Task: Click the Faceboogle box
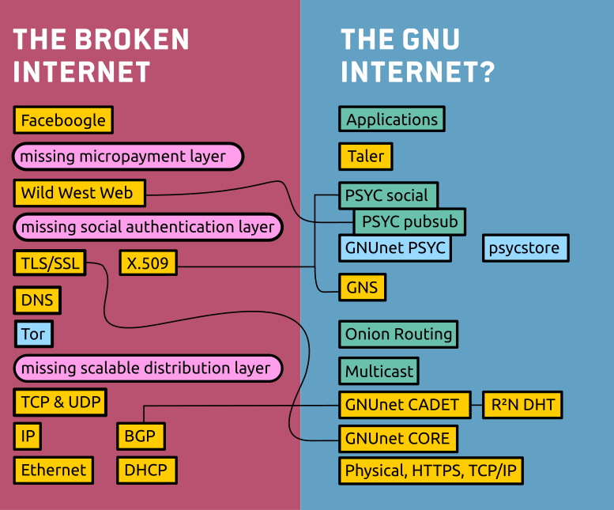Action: (63, 120)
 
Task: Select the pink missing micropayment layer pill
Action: (128, 157)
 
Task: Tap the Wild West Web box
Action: (79, 193)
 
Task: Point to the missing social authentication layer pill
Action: (148, 228)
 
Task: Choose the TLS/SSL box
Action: (50, 263)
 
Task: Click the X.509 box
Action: (148, 263)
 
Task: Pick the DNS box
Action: (37, 300)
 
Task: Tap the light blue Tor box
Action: (33, 334)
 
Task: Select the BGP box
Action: (141, 435)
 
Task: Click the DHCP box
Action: (146, 470)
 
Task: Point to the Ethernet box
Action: (54, 470)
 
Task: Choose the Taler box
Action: (366, 156)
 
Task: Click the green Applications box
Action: (392, 119)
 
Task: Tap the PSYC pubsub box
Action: (409, 221)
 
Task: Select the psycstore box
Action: (525, 248)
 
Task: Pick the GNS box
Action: (362, 287)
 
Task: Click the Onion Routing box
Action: (398, 334)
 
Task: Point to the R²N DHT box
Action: (522, 405)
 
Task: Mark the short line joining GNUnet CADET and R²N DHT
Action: (477, 405)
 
